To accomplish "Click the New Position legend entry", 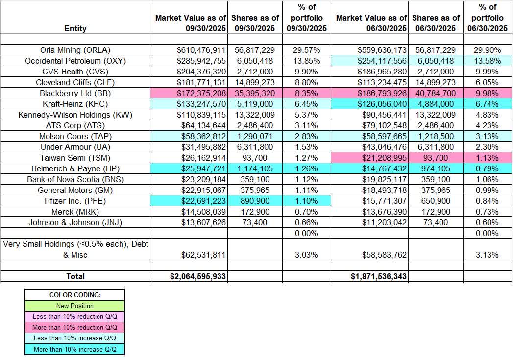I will click(75, 306).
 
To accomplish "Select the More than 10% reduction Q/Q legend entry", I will click(75, 327).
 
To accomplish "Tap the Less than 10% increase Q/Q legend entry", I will click(75, 338).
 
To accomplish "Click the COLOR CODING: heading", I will click(75, 295).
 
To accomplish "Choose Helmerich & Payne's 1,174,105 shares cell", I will click(254, 168).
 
